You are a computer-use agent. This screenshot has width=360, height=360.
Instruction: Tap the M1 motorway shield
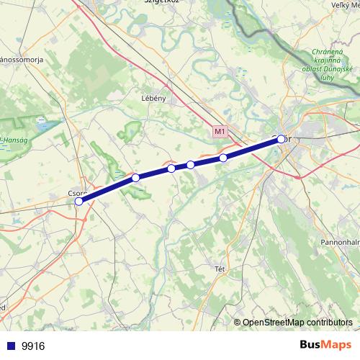click(x=220, y=132)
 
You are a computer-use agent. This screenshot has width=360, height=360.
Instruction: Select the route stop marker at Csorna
click(x=78, y=202)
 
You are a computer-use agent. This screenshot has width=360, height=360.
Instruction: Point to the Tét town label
click(x=220, y=269)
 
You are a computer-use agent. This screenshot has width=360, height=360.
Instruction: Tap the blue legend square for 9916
click(x=11, y=346)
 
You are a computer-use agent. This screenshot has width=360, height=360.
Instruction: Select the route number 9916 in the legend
click(x=33, y=346)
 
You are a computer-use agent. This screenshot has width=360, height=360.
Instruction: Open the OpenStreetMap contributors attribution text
click(x=297, y=323)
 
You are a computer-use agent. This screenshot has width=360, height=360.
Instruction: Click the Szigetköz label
click(x=161, y=3)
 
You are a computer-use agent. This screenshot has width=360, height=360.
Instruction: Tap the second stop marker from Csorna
click(x=135, y=177)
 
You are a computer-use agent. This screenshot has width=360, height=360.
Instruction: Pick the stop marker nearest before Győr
click(x=223, y=158)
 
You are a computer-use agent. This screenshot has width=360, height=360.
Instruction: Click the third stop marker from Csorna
click(x=171, y=168)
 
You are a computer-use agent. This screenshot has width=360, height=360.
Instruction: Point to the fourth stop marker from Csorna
click(x=190, y=165)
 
